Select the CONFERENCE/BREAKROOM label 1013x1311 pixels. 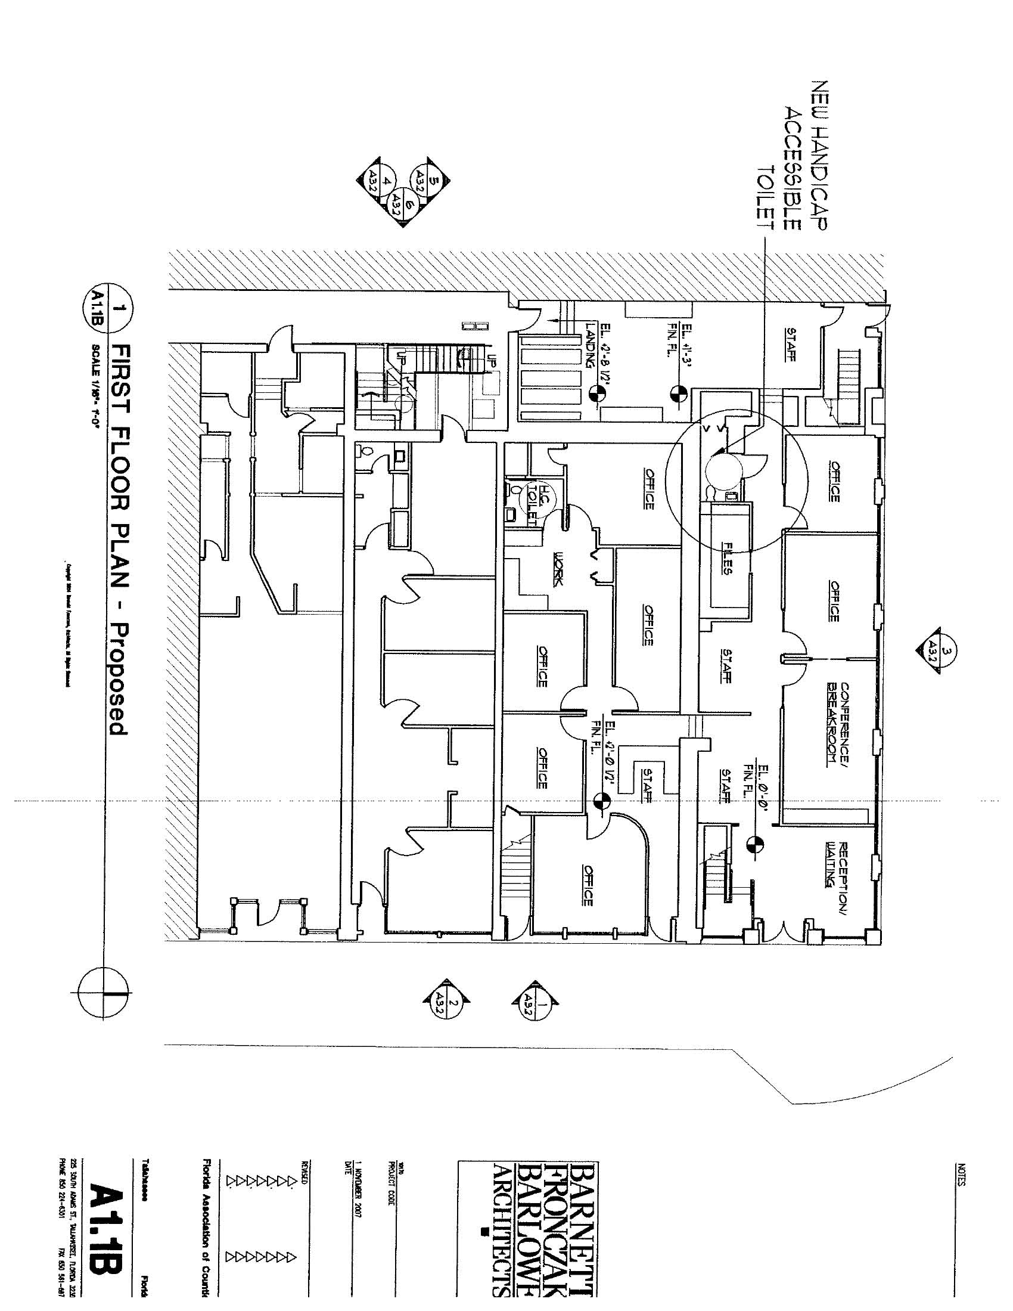pos(838,723)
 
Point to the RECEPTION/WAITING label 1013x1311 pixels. pos(837,864)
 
